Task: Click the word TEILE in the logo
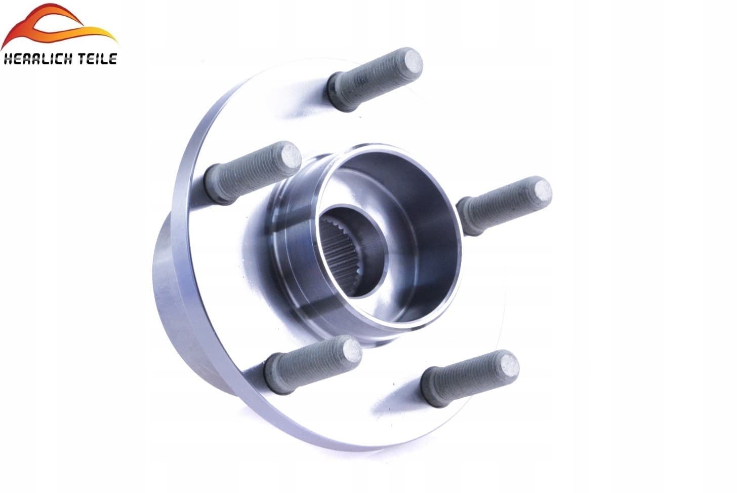[x=97, y=59]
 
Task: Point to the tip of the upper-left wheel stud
[x=292, y=158]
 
